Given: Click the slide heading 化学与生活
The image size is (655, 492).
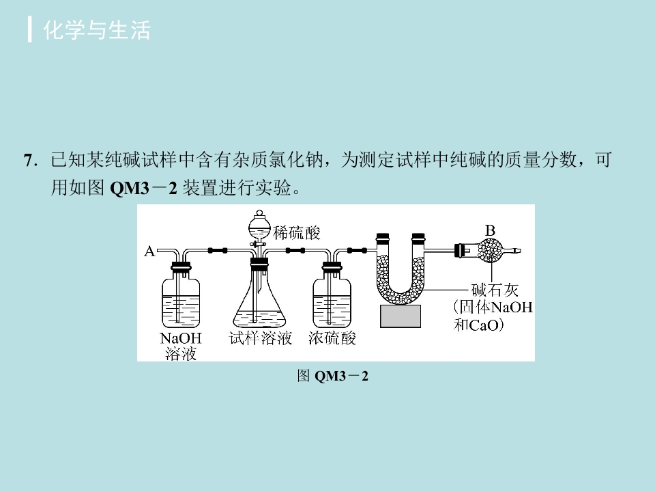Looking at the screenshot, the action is pyautogui.click(x=96, y=30).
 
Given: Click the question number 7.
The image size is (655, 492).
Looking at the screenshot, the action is pyautogui.click(x=31, y=160).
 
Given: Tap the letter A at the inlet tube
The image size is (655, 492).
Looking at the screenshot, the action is pyautogui.click(x=149, y=251).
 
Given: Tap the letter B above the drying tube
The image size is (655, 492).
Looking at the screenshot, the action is pyautogui.click(x=490, y=230).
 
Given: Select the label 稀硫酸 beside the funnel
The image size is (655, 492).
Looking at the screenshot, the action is pyautogui.click(x=297, y=232).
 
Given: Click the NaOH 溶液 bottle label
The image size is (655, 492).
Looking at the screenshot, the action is pyautogui.click(x=181, y=346).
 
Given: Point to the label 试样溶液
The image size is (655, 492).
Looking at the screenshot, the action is pyautogui.click(x=260, y=338).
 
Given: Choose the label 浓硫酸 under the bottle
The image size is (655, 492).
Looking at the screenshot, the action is pyautogui.click(x=332, y=338).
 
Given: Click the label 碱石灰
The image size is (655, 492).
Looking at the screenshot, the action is pyautogui.click(x=495, y=290).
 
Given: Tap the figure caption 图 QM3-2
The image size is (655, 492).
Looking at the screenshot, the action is pyautogui.click(x=332, y=376).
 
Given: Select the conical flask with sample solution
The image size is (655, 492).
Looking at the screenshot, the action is pyautogui.click(x=260, y=301).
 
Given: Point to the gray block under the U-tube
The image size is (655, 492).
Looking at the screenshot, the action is pyautogui.click(x=401, y=316).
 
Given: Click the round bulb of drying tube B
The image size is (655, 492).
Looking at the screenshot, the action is pyautogui.click(x=490, y=251).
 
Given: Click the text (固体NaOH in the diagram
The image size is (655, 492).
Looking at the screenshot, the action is pyautogui.click(x=493, y=307).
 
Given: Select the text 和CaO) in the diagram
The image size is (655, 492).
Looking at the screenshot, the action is pyautogui.click(x=479, y=325).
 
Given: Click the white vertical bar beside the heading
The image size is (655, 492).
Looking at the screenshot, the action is pyautogui.click(x=29, y=29).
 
